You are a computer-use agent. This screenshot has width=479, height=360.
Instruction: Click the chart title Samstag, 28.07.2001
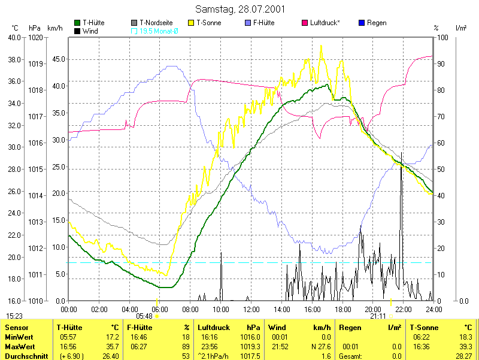pyautogui.click(x=240, y=9)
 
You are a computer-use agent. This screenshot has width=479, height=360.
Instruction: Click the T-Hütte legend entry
pyautogui.click(x=94, y=23)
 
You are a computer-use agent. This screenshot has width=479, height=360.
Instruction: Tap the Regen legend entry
pyautogui.click(x=376, y=23)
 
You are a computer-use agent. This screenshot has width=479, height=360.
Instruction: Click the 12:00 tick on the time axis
pyautogui.click(x=251, y=309)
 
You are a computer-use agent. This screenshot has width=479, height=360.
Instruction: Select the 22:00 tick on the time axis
pyautogui.click(x=403, y=309)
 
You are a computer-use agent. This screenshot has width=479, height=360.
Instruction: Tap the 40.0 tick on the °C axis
pyautogui.click(x=14, y=37)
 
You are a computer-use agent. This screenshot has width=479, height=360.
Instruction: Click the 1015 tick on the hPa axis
pyautogui.click(x=35, y=169)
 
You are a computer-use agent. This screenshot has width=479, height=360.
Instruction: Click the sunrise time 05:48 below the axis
pyautogui.click(x=144, y=316)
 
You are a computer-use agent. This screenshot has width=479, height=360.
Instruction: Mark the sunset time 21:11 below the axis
pyautogui.click(x=378, y=316)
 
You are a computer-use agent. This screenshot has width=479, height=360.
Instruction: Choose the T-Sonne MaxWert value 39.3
pyautogui.click(x=465, y=347)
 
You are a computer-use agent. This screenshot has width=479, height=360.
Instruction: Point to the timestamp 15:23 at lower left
pyautogui.click(x=15, y=316)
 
